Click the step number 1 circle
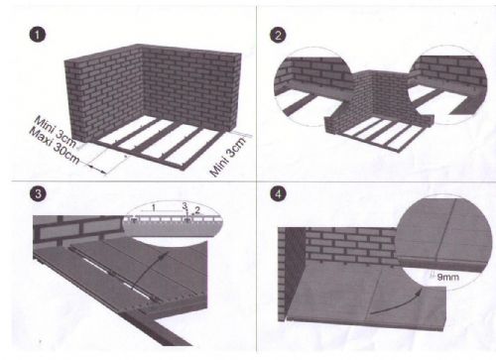tap(38, 35)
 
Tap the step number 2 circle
tap(278, 35)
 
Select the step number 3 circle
tap(38, 193)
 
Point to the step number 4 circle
tap(278, 193)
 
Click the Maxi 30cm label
tap(55, 146)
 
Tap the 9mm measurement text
tap(447, 277)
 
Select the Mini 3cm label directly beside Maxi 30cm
tap(56, 131)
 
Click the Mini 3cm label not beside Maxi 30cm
tap(228, 157)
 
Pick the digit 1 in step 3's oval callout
tap(153, 208)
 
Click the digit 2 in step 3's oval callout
tap(197, 209)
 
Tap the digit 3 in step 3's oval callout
tap(185, 205)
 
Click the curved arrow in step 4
tap(395, 304)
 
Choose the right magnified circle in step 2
tap(447, 85)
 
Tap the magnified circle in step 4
tap(443, 240)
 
